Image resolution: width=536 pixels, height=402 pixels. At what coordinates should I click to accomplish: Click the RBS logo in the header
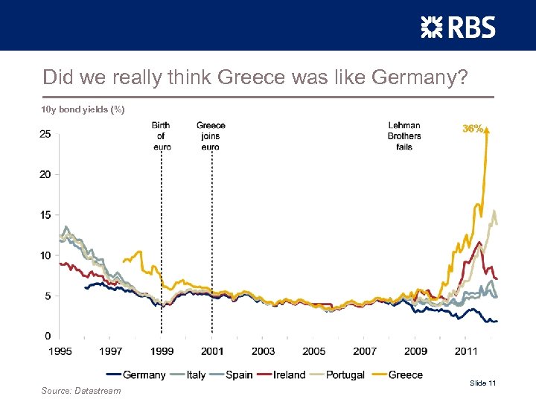457,28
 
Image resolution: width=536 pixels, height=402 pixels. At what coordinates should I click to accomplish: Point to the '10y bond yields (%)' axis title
83,109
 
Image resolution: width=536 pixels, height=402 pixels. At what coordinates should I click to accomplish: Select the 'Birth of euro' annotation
161,135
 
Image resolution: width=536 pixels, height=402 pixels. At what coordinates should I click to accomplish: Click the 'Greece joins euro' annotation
211,135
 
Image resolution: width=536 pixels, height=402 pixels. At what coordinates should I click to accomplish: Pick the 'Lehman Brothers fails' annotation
404,135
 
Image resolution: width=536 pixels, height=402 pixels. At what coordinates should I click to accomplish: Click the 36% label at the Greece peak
473,129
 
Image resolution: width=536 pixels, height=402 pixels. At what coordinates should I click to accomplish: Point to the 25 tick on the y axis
45,134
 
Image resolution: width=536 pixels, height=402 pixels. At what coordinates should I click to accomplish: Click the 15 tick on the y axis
45,215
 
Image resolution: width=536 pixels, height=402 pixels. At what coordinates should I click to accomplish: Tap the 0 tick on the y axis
48,336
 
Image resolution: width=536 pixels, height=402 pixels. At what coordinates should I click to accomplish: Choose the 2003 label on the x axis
263,351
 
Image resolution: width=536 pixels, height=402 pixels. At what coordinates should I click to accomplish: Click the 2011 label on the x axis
466,351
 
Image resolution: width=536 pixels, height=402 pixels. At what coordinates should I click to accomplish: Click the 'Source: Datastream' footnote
81,390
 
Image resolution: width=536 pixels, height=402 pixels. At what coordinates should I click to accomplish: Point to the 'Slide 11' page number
482,383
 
